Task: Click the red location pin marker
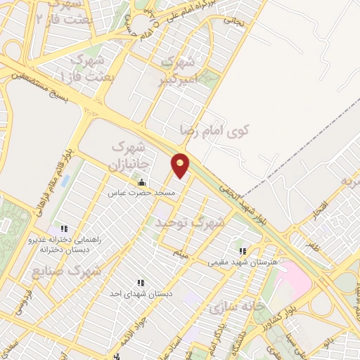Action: (x=181, y=165)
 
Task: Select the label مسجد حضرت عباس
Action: (x=141, y=193)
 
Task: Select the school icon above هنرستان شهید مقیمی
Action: (x=243, y=251)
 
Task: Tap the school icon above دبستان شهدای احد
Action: (x=141, y=283)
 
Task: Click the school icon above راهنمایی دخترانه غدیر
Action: (x=64, y=229)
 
